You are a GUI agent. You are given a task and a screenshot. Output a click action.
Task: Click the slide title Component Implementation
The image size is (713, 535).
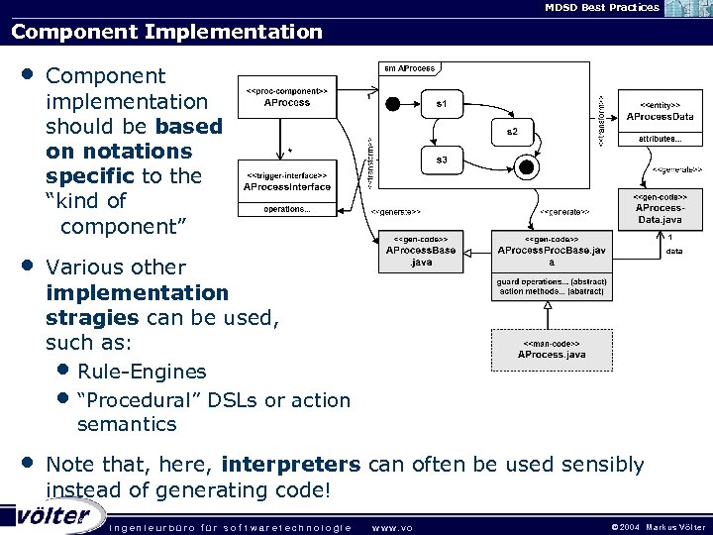pyautogui.click(x=166, y=32)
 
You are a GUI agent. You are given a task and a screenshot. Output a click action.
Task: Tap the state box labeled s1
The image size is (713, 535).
pyautogui.click(x=442, y=102)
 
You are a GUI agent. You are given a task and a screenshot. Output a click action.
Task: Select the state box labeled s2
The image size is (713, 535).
pyautogui.click(x=511, y=131)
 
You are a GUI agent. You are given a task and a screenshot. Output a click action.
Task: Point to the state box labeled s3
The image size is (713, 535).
pyautogui.click(x=442, y=159)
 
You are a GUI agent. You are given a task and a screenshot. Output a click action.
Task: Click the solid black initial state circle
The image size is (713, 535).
pyautogui.click(x=392, y=102)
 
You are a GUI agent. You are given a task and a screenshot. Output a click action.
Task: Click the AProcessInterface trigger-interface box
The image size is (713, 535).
pyautogui.click(x=286, y=186)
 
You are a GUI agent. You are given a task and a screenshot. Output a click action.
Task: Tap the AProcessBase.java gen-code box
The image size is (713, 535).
pyautogui.click(x=421, y=252)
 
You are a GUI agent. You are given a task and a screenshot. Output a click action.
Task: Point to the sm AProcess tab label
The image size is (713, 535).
pyautogui.click(x=408, y=68)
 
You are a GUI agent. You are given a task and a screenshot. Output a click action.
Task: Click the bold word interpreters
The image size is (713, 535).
pyautogui.click(x=291, y=465)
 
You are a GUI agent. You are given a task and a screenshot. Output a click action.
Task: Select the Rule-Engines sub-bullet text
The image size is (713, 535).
pyautogui.click(x=142, y=372)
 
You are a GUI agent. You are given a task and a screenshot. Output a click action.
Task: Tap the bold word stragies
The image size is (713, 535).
pyautogui.click(x=92, y=318)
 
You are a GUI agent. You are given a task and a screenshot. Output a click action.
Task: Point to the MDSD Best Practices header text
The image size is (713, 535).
pyautogui.click(x=587, y=7)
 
